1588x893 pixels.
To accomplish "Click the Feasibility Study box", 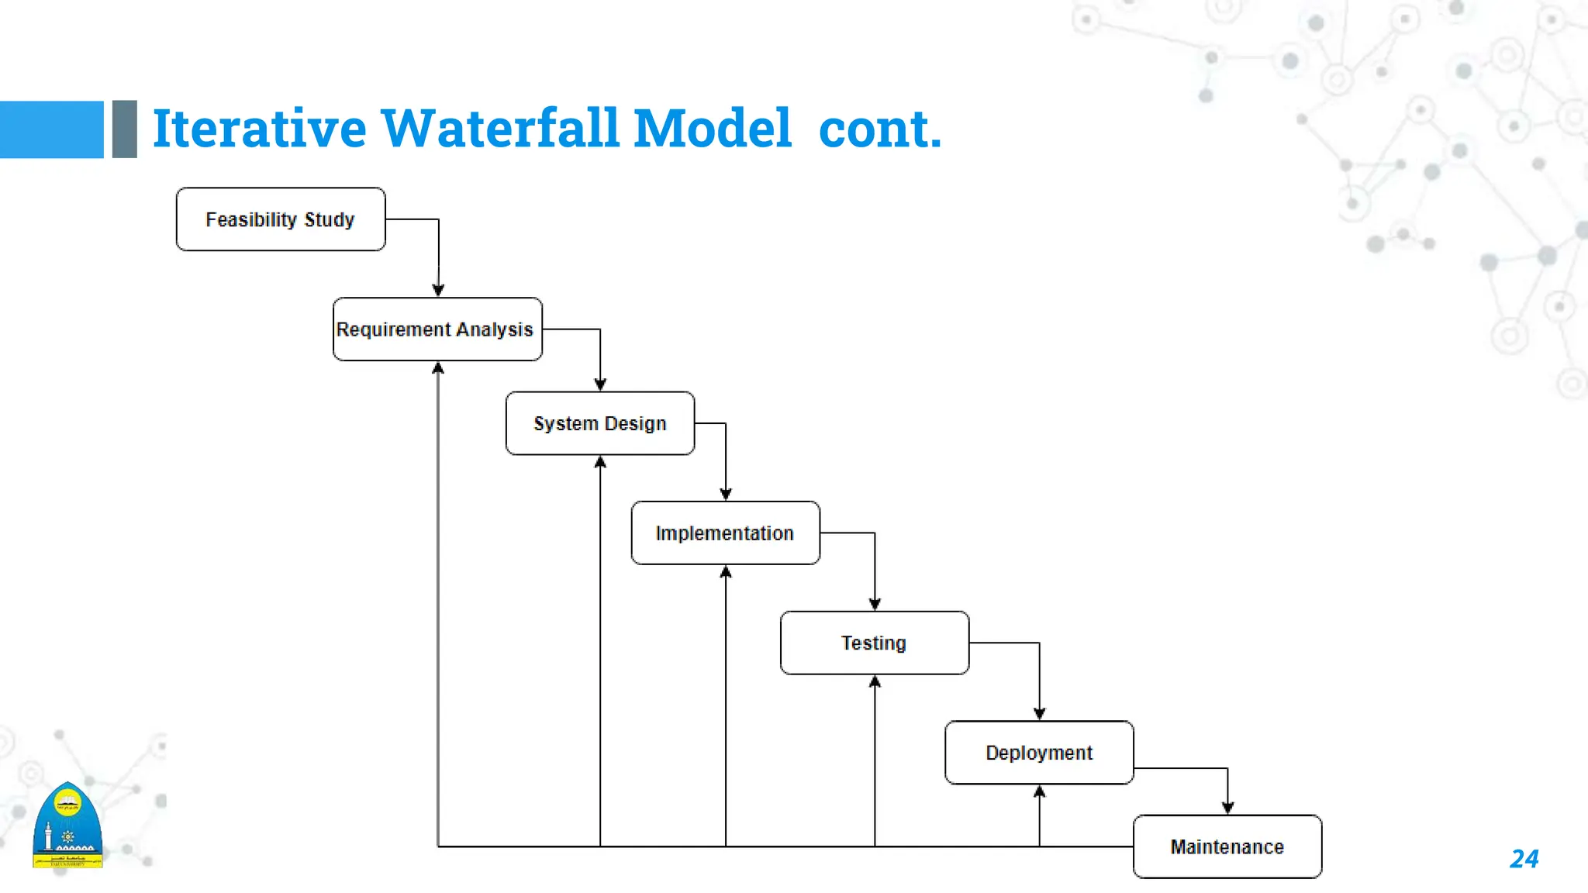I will (281, 219).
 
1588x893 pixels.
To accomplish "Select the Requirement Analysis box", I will (437, 329).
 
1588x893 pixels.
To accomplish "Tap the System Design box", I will (600, 423).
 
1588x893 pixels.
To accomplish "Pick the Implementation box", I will (726, 533).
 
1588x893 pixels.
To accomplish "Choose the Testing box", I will (875, 643).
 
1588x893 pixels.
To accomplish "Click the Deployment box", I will (1039, 753).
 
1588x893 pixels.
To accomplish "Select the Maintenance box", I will (1227, 846).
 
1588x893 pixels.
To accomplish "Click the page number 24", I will (1524, 859).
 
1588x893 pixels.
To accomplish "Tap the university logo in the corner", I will (67, 826).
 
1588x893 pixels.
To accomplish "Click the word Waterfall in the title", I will (499, 128).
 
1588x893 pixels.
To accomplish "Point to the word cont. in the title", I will (879, 128).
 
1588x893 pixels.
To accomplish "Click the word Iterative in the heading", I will (259, 128).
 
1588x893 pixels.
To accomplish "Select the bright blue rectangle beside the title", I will (51, 129).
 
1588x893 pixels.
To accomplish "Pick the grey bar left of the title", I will (124, 129).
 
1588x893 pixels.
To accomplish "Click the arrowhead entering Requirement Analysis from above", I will (438, 291).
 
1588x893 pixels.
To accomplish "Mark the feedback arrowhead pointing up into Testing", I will (875, 681).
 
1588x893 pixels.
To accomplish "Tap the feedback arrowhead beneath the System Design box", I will (600, 462).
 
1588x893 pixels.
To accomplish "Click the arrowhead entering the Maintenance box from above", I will (1227, 808).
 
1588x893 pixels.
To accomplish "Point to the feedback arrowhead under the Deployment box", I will (1039, 791).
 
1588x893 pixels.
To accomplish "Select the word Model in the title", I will (712, 128).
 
